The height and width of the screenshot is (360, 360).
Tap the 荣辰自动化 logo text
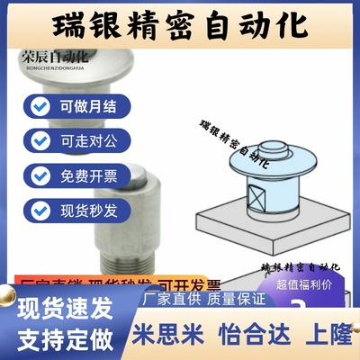53,55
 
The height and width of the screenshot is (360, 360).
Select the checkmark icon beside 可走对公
40,140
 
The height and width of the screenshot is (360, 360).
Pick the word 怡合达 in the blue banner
248,336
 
